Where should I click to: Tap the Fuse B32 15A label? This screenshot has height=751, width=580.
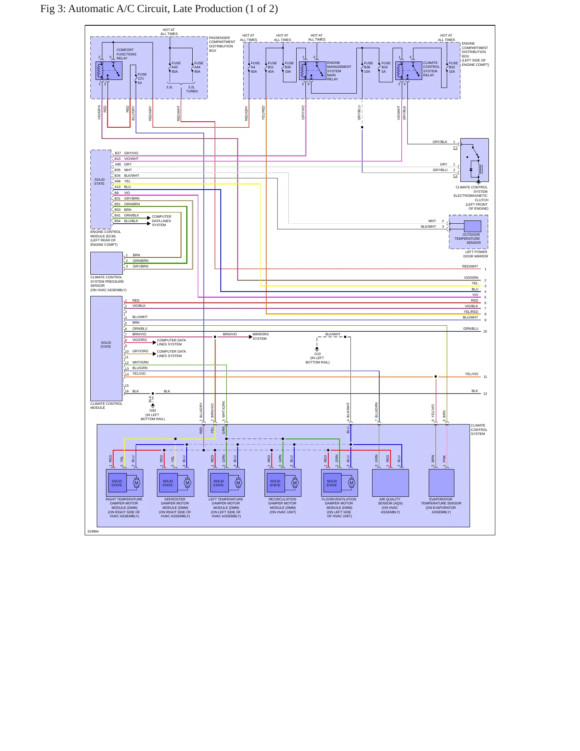tap(453, 67)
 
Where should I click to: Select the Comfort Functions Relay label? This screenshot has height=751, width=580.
tap(126, 54)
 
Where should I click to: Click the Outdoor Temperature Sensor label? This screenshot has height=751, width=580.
tap(468, 239)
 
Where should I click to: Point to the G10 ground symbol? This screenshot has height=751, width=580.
tap(317, 349)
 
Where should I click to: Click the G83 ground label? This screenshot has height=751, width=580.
tap(153, 415)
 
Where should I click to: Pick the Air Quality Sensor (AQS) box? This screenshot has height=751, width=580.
tap(391, 483)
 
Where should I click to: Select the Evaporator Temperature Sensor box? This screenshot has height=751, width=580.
tap(442, 483)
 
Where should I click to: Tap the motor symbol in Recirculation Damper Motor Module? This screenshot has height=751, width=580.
tap(295, 483)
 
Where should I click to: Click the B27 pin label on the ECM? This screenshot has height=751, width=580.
tap(118, 153)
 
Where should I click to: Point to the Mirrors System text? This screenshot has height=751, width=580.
tap(260, 337)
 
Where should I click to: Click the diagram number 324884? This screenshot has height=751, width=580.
tap(93, 531)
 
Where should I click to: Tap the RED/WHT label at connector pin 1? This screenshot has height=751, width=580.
tap(470, 266)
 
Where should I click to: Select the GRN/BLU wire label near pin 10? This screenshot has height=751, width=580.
tap(471, 329)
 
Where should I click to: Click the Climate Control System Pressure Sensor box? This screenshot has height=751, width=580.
tap(106, 263)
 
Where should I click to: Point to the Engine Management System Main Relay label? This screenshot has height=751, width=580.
tap(339, 71)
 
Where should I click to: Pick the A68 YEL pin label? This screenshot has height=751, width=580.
tap(122, 181)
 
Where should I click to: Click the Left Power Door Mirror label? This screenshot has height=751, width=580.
tap(476, 254)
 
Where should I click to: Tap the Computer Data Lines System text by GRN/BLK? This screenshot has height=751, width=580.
tap(161, 220)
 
